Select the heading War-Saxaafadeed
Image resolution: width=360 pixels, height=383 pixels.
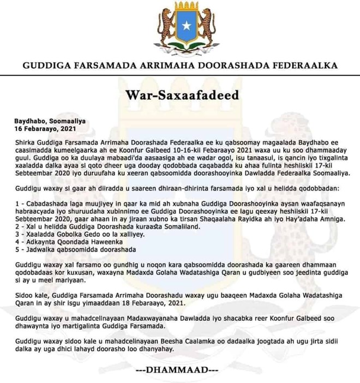point(179,96)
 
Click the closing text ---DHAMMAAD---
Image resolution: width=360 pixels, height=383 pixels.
point(179,370)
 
